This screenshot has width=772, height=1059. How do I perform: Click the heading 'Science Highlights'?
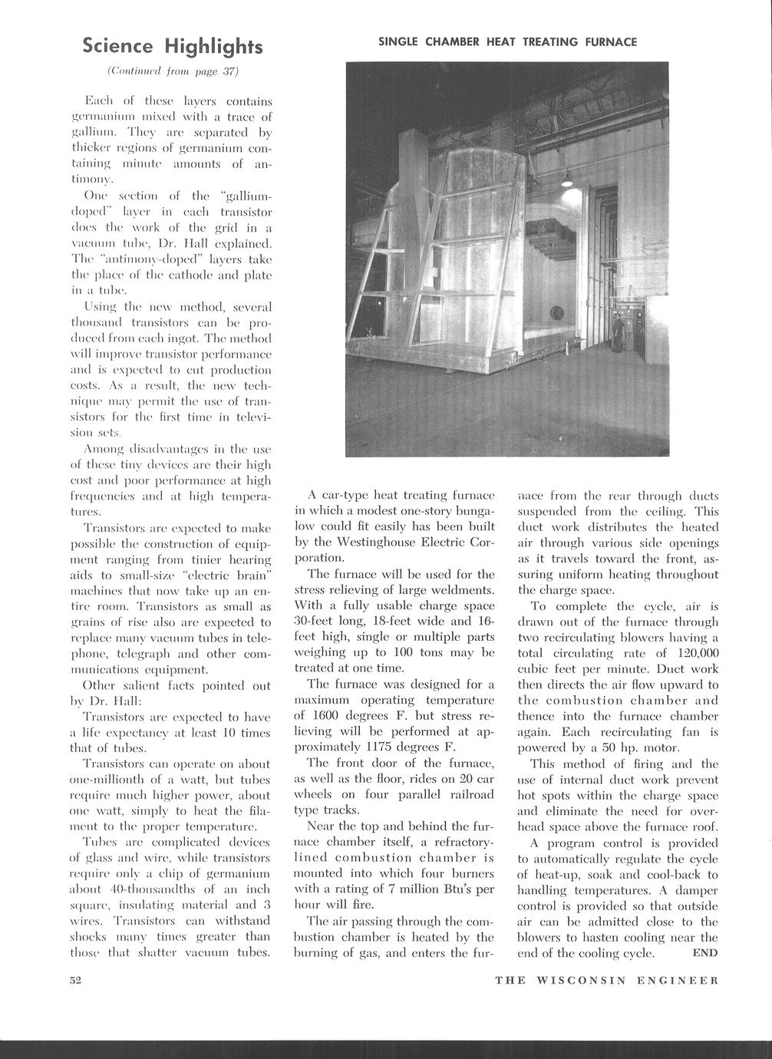pyautogui.click(x=173, y=47)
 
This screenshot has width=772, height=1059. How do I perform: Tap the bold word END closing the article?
pyautogui.click(x=705, y=953)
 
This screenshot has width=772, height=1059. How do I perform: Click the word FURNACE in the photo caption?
pyautogui.click(x=610, y=42)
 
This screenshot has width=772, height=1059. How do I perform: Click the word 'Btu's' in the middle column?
pyautogui.click(x=454, y=889)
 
